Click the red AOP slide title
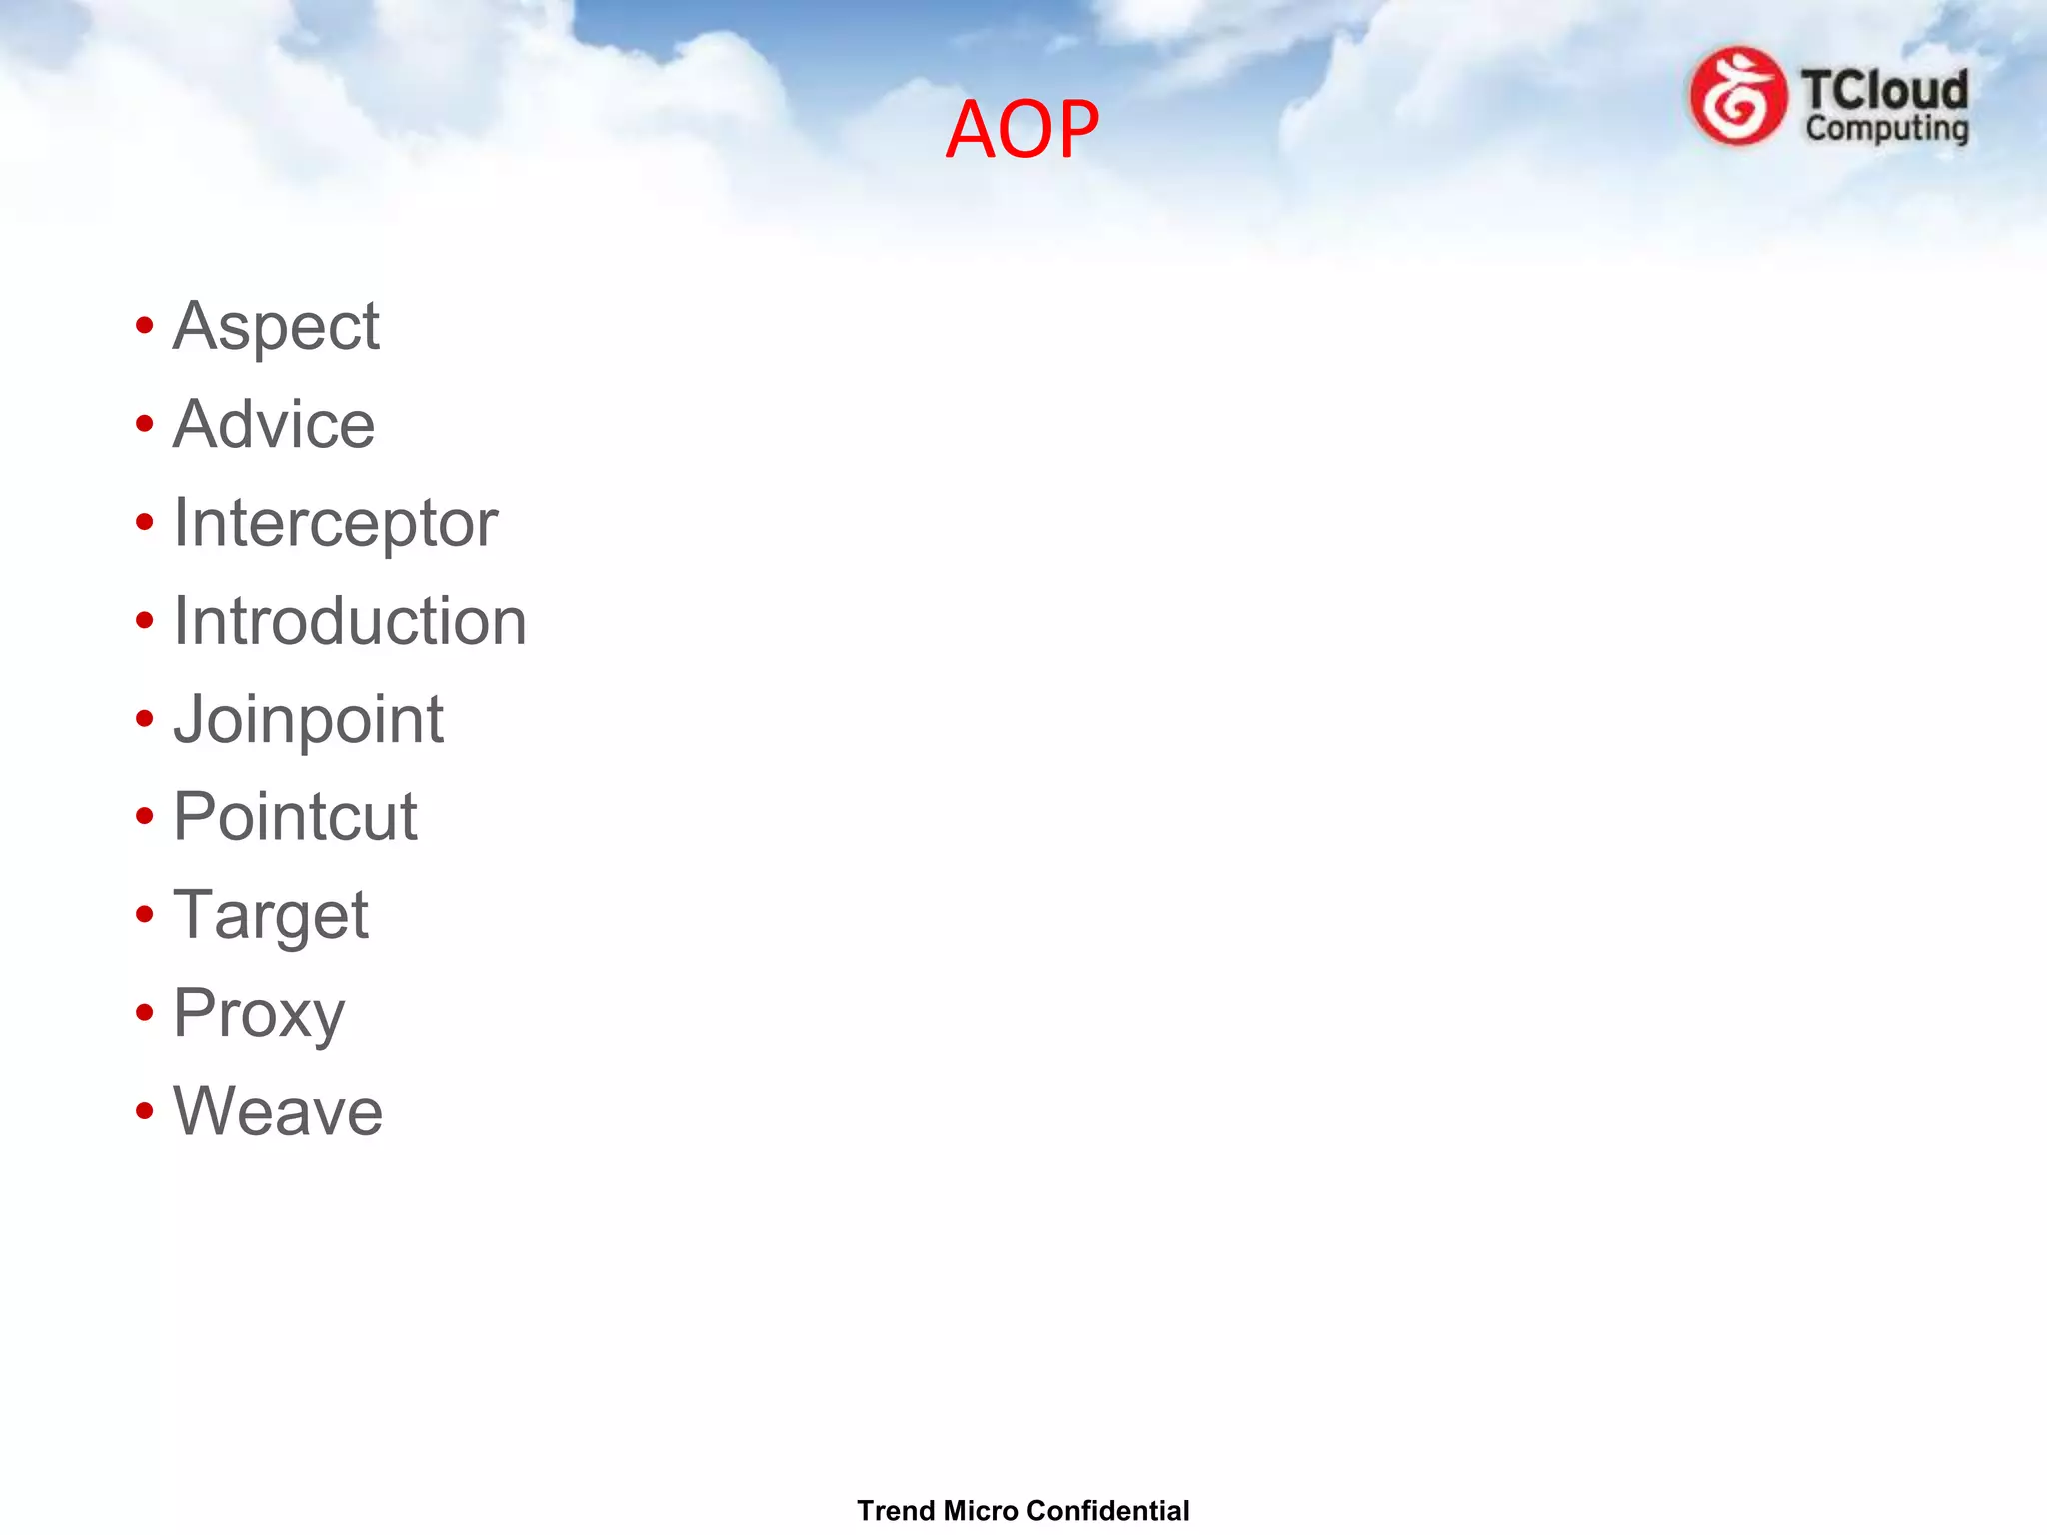(x=1022, y=129)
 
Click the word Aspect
(x=276, y=326)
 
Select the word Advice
(x=274, y=424)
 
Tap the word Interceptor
(x=335, y=523)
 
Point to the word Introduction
(x=349, y=621)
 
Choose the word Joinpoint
(x=308, y=719)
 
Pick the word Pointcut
(x=295, y=816)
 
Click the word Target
(x=271, y=915)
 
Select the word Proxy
(x=259, y=1013)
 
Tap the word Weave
(x=278, y=1111)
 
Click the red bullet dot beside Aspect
(x=145, y=326)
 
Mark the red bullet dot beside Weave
(x=145, y=1111)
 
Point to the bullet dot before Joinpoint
(x=145, y=719)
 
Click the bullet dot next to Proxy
(x=145, y=1013)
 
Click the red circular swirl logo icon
(x=1737, y=97)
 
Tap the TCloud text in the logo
(x=1884, y=90)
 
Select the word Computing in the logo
(x=1886, y=129)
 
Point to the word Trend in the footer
(x=896, y=1510)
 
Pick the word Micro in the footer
(x=980, y=1510)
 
